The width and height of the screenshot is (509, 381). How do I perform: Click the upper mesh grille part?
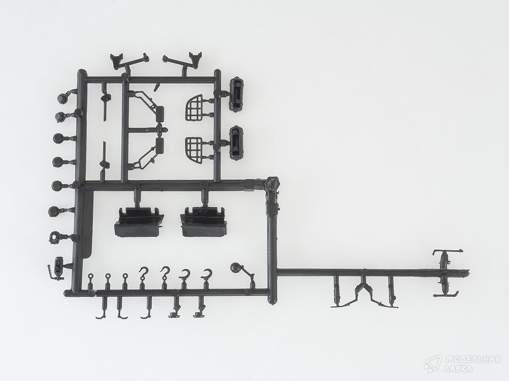click(x=194, y=108)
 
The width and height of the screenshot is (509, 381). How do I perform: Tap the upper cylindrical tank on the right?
click(x=237, y=94)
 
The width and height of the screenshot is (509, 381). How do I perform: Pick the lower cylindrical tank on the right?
click(x=237, y=142)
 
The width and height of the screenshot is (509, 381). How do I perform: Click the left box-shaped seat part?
click(x=138, y=223)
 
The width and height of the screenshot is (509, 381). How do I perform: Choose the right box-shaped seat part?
click(x=203, y=221)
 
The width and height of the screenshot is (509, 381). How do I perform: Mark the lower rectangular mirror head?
click(x=160, y=145)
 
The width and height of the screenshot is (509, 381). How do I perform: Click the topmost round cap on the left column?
click(x=62, y=98)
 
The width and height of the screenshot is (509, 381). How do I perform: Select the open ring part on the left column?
click(x=54, y=237)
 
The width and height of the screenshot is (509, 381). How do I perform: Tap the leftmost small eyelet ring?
click(x=91, y=276)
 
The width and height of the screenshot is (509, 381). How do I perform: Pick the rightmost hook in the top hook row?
click(x=207, y=275)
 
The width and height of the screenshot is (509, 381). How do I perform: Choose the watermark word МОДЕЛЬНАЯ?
click(x=472, y=359)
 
